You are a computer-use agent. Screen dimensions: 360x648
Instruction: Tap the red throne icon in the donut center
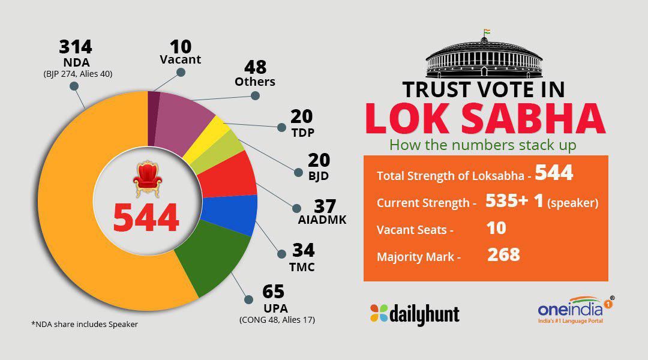[x=147, y=178]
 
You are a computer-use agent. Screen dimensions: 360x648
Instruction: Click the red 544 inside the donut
[x=147, y=218]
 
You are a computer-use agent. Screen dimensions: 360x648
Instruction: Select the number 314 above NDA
[x=76, y=46]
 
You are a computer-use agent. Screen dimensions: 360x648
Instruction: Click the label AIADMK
[x=322, y=220]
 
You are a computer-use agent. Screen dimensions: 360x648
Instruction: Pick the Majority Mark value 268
[x=503, y=254]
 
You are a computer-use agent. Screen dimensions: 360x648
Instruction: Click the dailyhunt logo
[x=415, y=313]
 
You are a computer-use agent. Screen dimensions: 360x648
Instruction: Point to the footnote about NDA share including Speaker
[x=85, y=325]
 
